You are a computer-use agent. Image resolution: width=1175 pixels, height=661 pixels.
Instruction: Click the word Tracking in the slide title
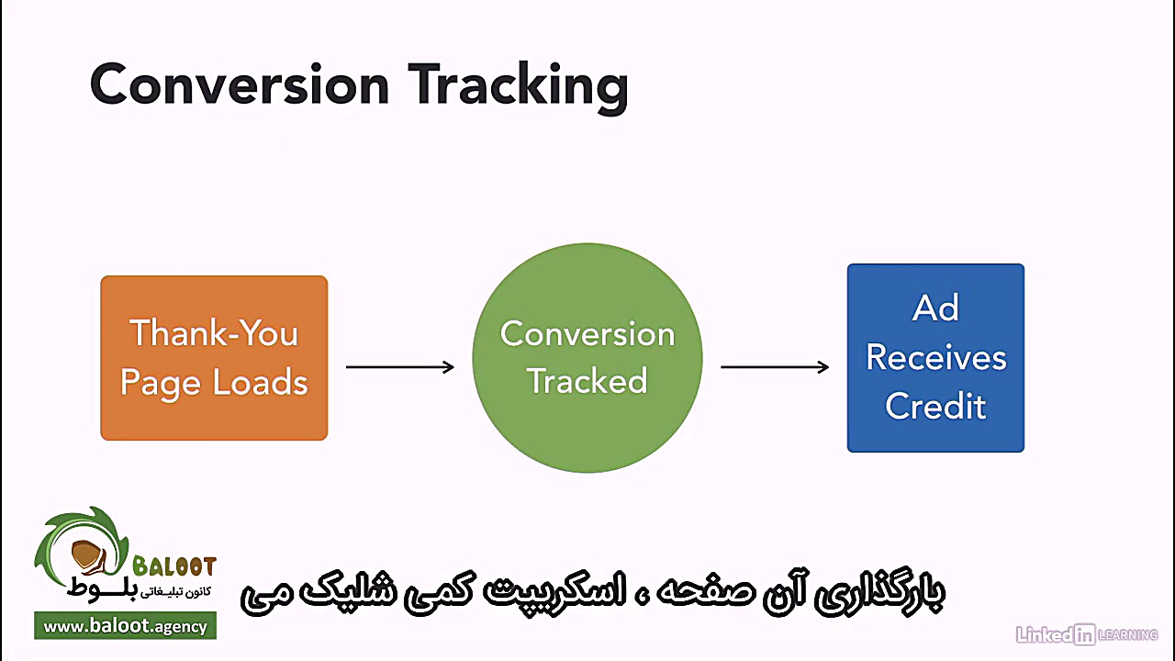point(519,85)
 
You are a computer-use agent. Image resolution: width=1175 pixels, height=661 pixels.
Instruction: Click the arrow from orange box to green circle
point(399,367)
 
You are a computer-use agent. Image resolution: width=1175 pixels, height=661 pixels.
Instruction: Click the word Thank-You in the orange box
point(214,332)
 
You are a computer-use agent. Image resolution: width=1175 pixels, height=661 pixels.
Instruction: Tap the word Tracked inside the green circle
point(587,381)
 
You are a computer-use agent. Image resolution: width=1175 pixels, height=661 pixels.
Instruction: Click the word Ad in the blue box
point(935,308)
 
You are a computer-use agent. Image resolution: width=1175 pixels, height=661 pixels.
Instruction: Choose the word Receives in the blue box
point(935,357)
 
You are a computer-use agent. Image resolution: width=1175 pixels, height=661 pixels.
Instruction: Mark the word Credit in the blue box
point(935,406)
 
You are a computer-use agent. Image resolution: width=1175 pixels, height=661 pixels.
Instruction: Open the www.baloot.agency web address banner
point(126,627)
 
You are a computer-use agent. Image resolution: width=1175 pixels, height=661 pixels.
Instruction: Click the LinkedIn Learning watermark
point(1086,633)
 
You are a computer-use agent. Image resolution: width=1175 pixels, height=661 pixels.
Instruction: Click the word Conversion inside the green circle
point(587,333)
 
